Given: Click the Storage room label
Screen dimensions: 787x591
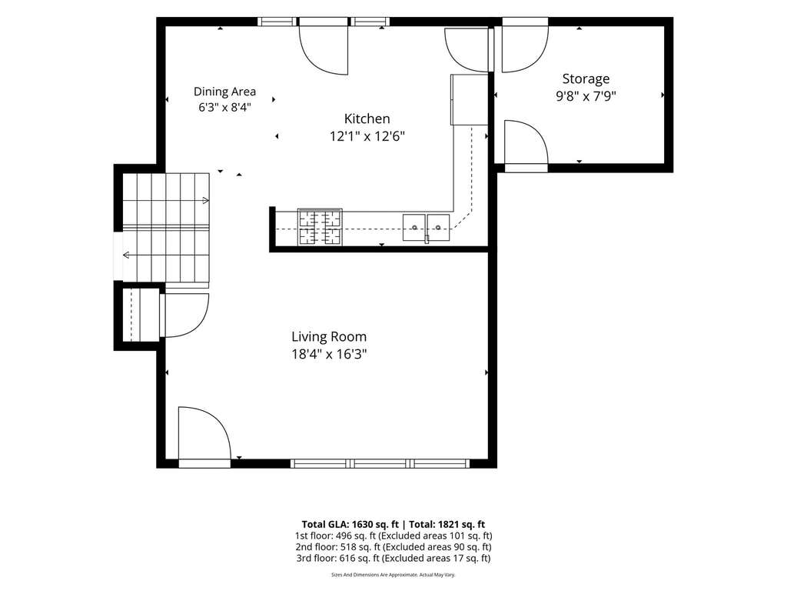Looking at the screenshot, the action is click(x=586, y=79).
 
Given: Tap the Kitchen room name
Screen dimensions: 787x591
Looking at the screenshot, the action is click(x=367, y=119).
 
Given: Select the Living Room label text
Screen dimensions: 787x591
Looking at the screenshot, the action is click(x=329, y=337).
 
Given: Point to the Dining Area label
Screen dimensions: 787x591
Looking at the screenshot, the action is click(x=225, y=92).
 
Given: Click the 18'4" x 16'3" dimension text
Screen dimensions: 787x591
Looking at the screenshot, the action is click(x=329, y=354).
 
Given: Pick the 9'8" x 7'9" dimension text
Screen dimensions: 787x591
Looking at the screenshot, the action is click(x=586, y=96).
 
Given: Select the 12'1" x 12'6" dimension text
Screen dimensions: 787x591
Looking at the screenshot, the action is click(x=367, y=136).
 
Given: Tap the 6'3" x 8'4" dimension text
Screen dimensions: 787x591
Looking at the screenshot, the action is click(x=225, y=107).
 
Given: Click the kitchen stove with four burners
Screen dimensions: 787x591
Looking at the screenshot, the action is click(x=320, y=227).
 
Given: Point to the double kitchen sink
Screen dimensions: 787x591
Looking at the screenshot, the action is click(x=426, y=228).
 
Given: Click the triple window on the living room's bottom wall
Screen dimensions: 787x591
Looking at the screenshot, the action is click(x=380, y=463).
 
